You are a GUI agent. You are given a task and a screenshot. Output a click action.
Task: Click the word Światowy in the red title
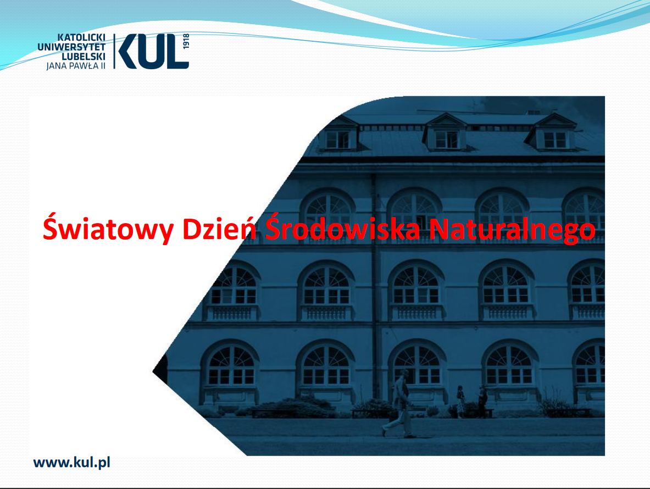(x=108, y=228)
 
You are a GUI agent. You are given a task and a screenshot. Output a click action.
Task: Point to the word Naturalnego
(x=513, y=229)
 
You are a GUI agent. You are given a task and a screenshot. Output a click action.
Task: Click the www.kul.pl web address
(x=72, y=463)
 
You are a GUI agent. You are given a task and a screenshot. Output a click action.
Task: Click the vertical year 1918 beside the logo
(x=186, y=41)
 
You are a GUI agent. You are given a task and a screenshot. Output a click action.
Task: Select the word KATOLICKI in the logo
(x=81, y=38)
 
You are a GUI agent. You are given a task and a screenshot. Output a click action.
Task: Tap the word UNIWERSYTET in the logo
(x=71, y=47)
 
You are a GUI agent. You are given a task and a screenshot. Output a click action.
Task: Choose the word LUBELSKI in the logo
(x=84, y=57)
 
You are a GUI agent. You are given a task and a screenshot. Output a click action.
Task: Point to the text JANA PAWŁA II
(x=76, y=66)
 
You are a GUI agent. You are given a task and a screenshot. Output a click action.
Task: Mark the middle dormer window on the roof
(x=446, y=132)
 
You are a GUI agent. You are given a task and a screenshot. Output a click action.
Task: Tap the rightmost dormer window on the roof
(x=553, y=132)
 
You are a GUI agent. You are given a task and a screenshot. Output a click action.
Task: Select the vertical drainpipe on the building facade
(x=375, y=286)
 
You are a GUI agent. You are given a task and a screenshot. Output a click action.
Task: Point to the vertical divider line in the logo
(x=114, y=52)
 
